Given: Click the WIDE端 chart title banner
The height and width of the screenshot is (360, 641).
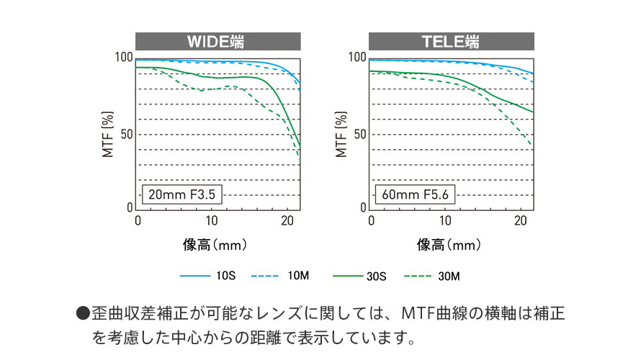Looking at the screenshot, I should coord(218,41).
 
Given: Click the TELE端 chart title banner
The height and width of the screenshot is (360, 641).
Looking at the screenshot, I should coord(452,41).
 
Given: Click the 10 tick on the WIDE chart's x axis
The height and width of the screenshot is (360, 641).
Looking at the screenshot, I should coord(212,220).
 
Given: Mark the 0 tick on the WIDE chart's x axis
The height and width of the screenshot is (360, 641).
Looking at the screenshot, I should coord(138,220).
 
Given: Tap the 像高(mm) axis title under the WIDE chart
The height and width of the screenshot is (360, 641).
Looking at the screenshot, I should coord(215,245).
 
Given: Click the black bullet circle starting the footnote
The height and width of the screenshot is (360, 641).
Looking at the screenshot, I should coord(83,315).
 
